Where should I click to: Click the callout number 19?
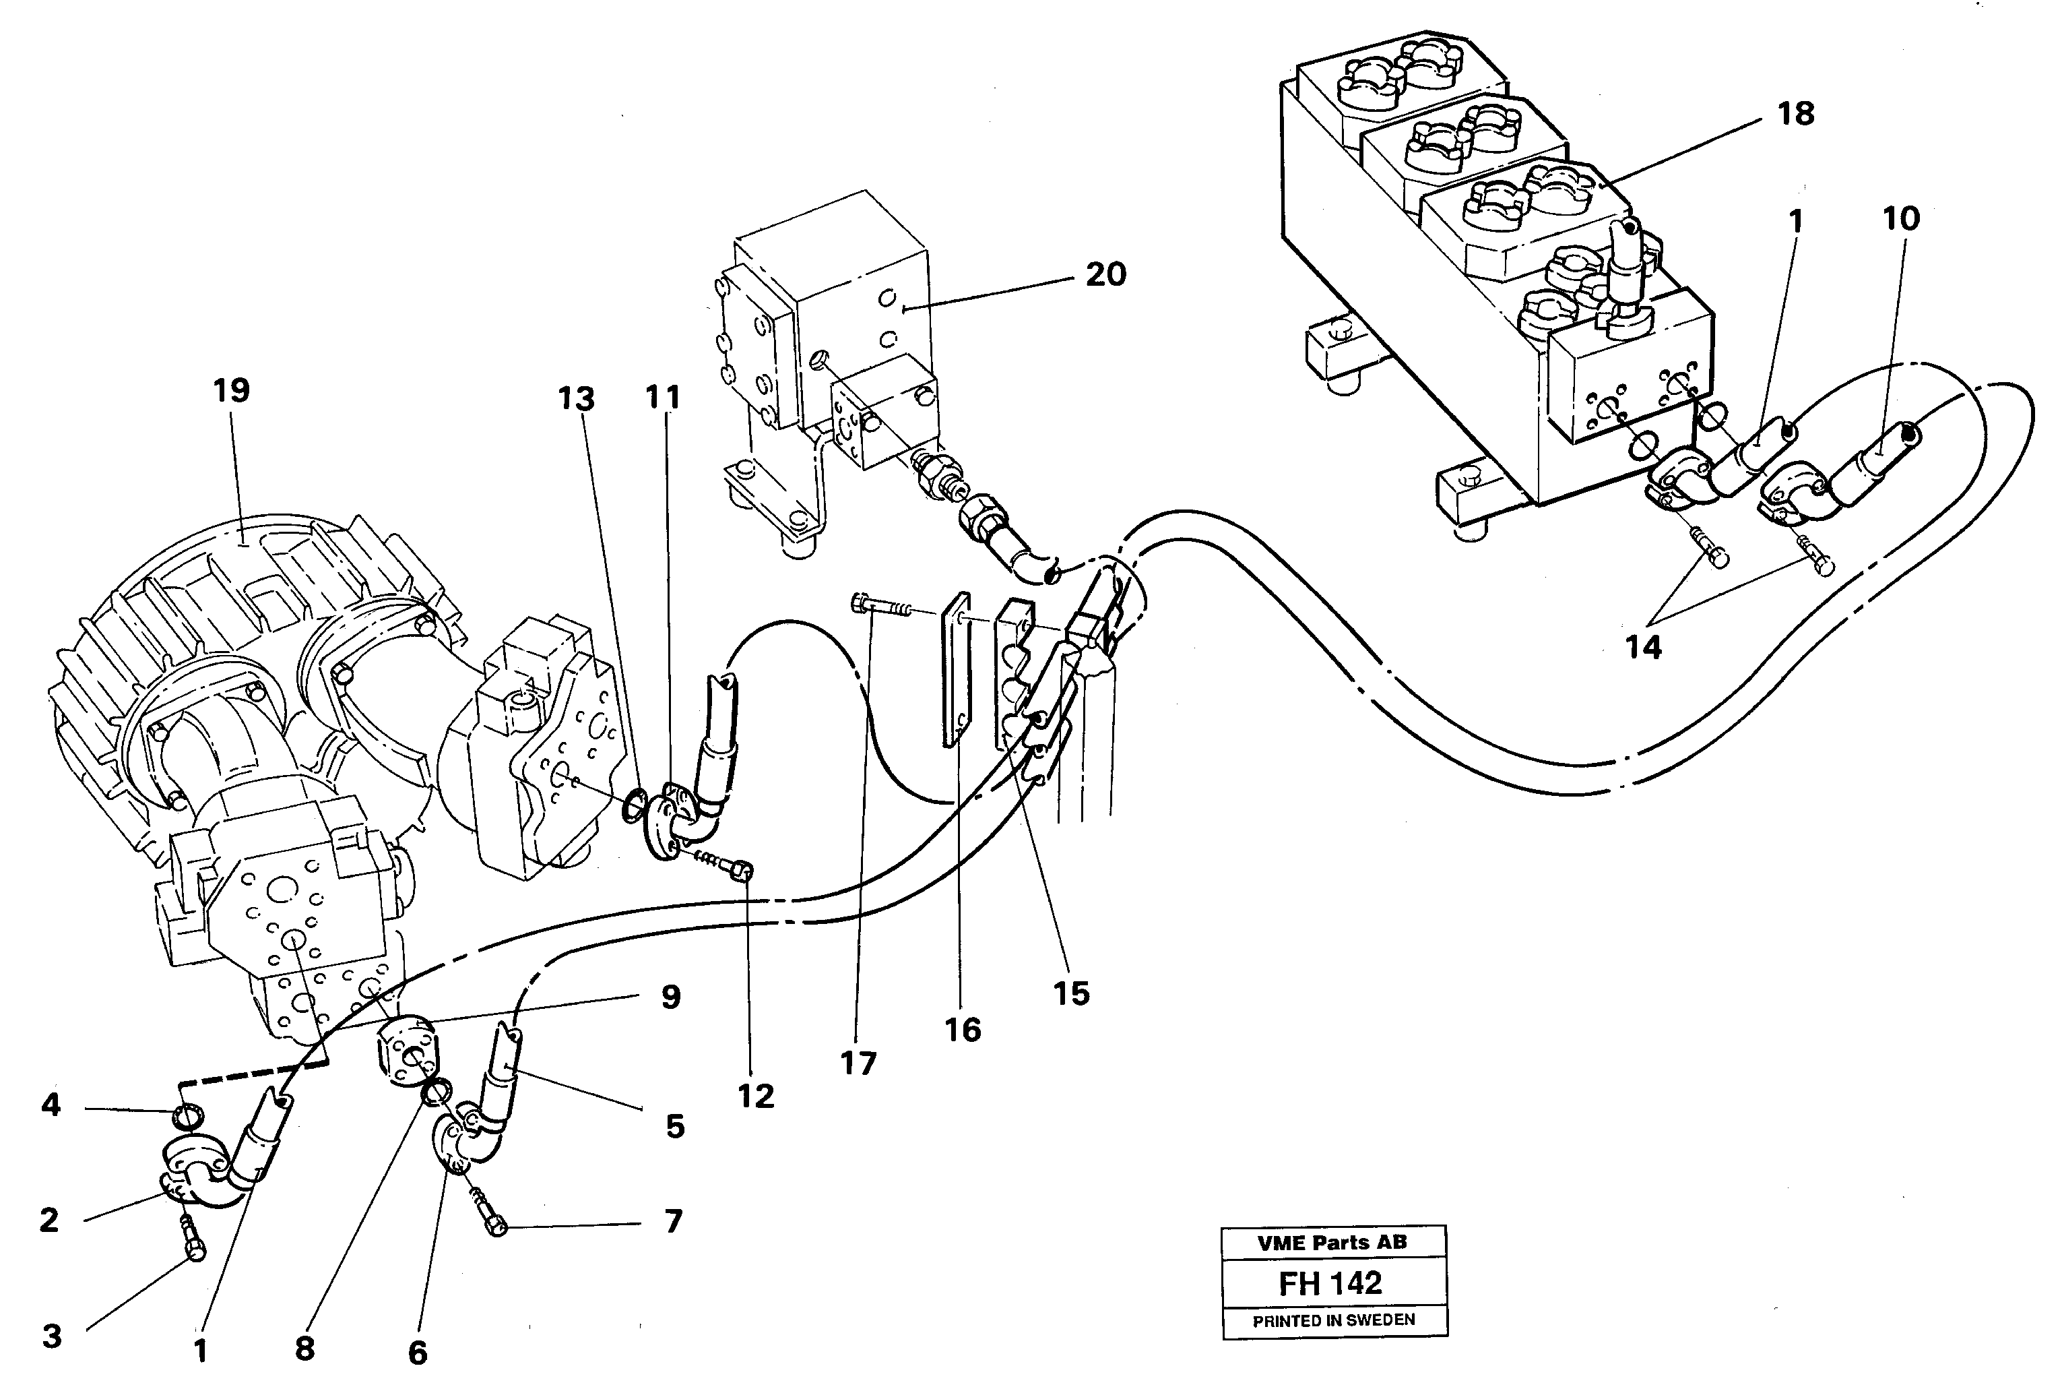pyautogui.click(x=231, y=390)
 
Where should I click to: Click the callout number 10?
pyautogui.click(x=1900, y=218)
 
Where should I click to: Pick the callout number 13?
pyautogui.click(x=576, y=399)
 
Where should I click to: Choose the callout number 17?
pyautogui.click(x=858, y=1063)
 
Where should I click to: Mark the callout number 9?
pyautogui.click(x=671, y=997)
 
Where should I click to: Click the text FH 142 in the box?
pyautogui.click(x=1330, y=1283)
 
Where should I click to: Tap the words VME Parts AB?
pyautogui.click(x=1331, y=1242)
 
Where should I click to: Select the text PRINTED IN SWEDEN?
pyautogui.click(x=1333, y=1320)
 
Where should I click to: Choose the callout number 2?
pyautogui.click(x=49, y=1220)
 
